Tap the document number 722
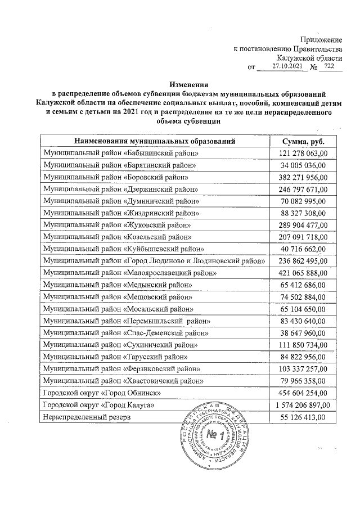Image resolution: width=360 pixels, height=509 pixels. click(329, 66)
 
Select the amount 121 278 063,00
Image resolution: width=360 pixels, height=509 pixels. click(303, 154)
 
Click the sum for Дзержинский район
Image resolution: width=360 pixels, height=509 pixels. click(303, 189)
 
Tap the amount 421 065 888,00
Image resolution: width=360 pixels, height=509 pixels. click(303, 272)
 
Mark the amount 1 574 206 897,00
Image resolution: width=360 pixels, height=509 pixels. click(303, 405)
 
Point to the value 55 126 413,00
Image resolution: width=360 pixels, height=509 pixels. click(303, 417)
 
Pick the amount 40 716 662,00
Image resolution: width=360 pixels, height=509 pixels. click(303, 249)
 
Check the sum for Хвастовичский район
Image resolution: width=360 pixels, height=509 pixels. click(303, 381)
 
